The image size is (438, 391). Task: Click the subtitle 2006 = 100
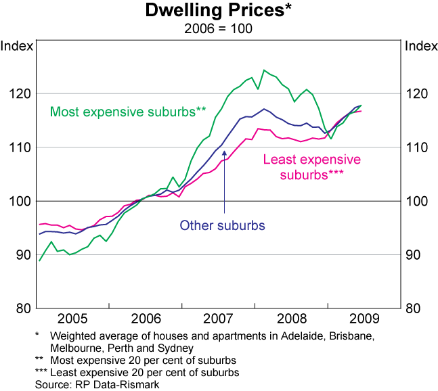[x=219, y=29]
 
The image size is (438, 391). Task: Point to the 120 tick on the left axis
[x=20, y=93]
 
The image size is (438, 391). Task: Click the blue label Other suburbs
[x=221, y=225]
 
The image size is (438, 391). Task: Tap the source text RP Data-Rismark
[x=112, y=384]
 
